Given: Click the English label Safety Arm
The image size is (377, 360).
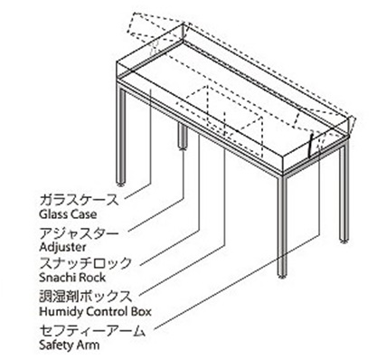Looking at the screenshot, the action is coord(69,344).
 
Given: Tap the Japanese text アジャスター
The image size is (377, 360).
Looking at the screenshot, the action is coord(76,232).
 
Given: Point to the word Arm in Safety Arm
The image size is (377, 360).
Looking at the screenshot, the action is coord(89,344).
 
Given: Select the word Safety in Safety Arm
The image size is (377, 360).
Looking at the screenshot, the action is coord(57,344).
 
